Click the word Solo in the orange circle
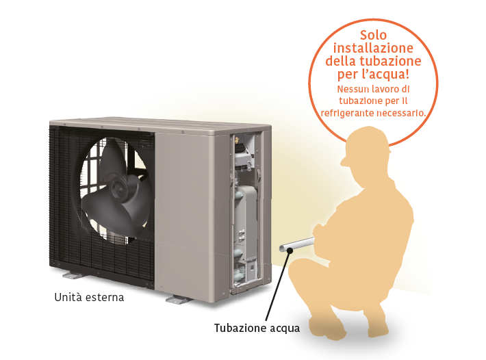pos(373,35)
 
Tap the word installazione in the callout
pos(373,48)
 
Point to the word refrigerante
pos(347,114)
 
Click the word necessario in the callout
pos(401,113)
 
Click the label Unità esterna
pos(89,298)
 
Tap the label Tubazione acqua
pos(257,328)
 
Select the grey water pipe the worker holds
pos(298,244)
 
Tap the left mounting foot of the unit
pos(73,274)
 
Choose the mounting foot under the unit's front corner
pos(176,299)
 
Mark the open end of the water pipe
pos(283,248)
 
